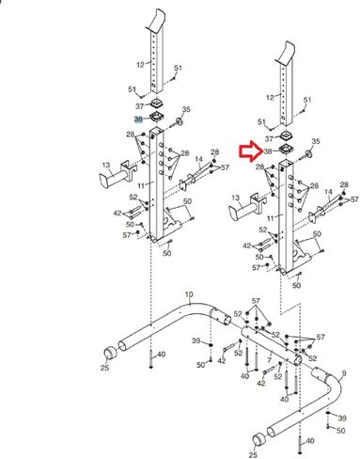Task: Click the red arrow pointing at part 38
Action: tap(251, 151)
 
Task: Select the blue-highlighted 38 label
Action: tap(138, 119)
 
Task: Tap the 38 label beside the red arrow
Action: tap(268, 151)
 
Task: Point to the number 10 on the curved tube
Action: tap(189, 294)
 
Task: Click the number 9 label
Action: tap(344, 373)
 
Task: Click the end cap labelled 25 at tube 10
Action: tap(110, 353)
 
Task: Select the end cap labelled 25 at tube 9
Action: tap(258, 439)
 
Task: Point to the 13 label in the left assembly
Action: tap(106, 165)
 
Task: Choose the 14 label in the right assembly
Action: tap(328, 192)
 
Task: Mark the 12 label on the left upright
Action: tap(140, 65)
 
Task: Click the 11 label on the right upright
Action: tap(271, 217)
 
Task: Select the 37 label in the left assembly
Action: tap(140, 106)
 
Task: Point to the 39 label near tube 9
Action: tap(342, 418)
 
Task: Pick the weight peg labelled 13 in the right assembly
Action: tap(246, 208)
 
